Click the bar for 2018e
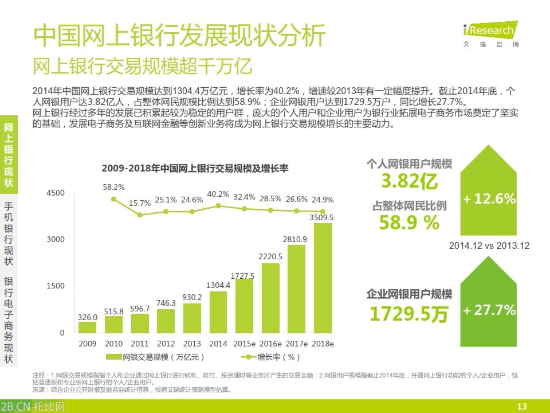(x=323, y=278)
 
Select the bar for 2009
(x=88, y=327)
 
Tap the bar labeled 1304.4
(x=218, y=312)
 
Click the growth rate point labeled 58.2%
(x=113, y=199)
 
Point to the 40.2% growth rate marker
(x=218, y=205)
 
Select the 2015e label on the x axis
(x=244, y=344)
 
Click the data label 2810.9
(x=296, y=239)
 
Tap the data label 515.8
(x=113, y=311)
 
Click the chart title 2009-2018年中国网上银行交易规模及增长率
(x=195, y=168)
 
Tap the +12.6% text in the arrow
(x=489, y=199)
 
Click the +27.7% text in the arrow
(x=489, y=310)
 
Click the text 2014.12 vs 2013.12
(x=489, y=246)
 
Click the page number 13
(x=521, y=406)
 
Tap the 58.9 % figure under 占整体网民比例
(x=409, y=223)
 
